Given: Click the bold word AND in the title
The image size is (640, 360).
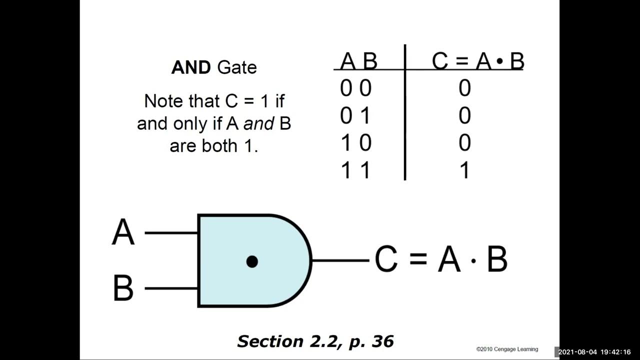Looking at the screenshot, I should coord(190,67).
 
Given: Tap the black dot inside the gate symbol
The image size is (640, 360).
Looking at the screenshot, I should coord(252,261).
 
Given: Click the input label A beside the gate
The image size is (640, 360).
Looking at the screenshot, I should coord(123,232).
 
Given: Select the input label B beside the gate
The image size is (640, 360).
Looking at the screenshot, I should coord(123,288).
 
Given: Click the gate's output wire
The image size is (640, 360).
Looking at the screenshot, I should coord(340,260).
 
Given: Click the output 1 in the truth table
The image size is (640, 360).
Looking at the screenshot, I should coord(464,170).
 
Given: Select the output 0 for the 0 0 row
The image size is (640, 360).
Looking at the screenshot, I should coord(464,88).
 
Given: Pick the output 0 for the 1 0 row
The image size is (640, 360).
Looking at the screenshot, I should coord(464,143).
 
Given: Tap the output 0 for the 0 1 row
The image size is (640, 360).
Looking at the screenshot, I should coord(464,116).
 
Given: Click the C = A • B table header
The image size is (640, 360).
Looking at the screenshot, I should coord(477,61).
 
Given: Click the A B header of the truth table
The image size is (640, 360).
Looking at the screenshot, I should coord(358,61).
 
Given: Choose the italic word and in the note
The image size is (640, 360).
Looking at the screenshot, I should coord(258,123).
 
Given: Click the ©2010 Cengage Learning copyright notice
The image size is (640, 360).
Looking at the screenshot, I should coord(507,349).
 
